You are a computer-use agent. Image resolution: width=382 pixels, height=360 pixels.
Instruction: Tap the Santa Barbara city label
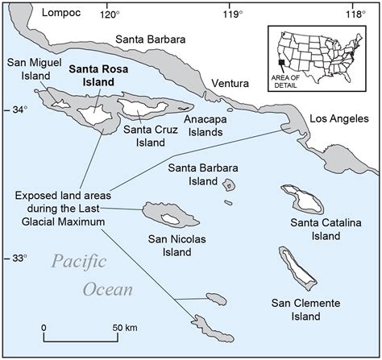[150, 39]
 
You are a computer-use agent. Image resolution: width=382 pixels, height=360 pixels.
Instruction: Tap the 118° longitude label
[355, 13]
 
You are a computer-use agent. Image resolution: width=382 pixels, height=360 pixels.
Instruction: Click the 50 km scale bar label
[124, 328]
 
